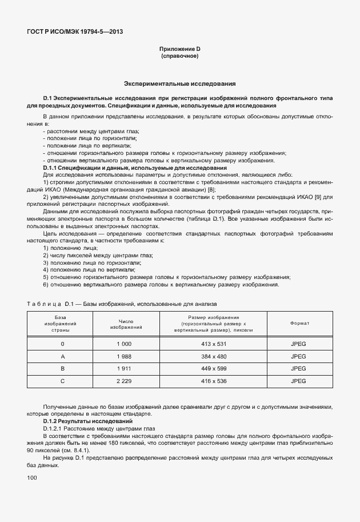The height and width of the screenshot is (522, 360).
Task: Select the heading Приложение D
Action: (x=180, y=50)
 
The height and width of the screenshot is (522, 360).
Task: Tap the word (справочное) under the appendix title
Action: (x=180, y=57)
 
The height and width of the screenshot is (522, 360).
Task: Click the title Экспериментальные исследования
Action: (x=180, y=83)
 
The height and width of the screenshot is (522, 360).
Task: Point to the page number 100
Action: (x=32, y=477)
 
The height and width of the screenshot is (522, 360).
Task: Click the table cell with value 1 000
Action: (x=124, y=344)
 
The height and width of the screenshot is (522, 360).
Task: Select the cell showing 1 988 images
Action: (x=124, y=356)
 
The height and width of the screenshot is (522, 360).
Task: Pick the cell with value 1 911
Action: (x=124, y=369)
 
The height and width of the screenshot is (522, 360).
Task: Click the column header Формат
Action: (x=298, y=324)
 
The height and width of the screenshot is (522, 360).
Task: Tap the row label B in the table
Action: (x=62, y=369)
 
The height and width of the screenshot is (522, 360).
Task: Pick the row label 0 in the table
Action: (x=62, y=344)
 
